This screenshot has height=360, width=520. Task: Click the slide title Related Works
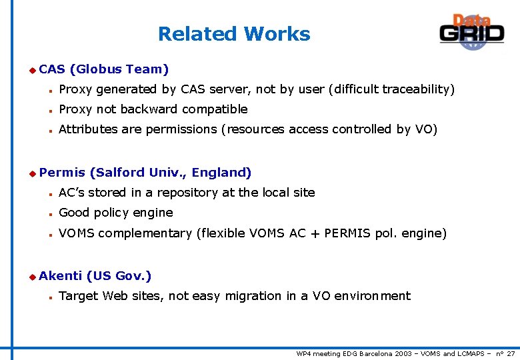(x=234, y=34)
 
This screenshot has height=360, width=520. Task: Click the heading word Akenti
(x=60, y=275)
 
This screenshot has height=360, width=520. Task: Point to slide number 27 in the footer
(x=510, y=353)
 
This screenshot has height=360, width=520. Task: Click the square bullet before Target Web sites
(x=50, y=296)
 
